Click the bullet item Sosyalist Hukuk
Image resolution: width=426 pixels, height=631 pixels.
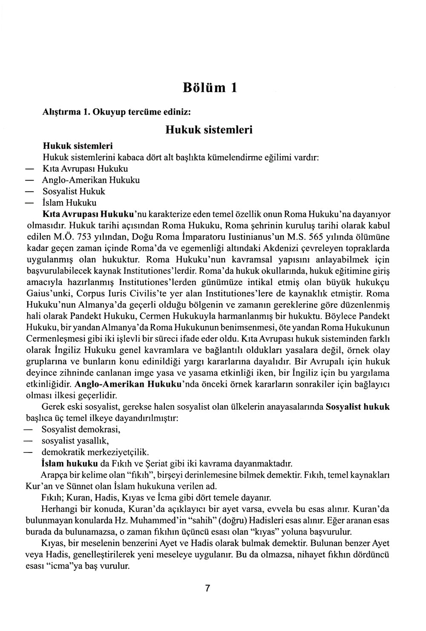[x=74, y=191]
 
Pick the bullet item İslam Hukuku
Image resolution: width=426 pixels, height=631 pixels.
[x=69, y=202]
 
